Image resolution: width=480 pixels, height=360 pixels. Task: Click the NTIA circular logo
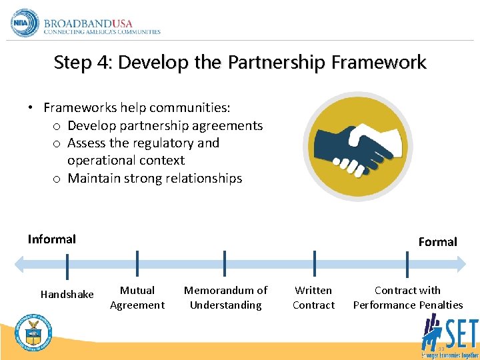(x=25, y=23)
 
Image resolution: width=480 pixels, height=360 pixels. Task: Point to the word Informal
(x=52, y=239)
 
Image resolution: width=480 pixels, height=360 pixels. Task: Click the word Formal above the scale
(x=437, y=241)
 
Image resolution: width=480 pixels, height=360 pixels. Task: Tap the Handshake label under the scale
(x=67, y=294)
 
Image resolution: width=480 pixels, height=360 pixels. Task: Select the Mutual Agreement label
(x=137, y=297)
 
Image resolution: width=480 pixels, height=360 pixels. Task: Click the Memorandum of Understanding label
(x=225, y=297)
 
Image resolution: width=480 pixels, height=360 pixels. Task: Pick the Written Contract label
(x=313, y=297)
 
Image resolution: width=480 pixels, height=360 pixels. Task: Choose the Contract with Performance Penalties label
(x=407, y=297)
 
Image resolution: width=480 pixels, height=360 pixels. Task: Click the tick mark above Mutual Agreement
(x=137, y=263)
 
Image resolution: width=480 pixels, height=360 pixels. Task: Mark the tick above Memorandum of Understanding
(x=225, y=263)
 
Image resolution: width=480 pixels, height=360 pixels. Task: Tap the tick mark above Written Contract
(x=314, y=263)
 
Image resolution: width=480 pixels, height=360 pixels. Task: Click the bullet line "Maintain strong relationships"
(x=155, y=178)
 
